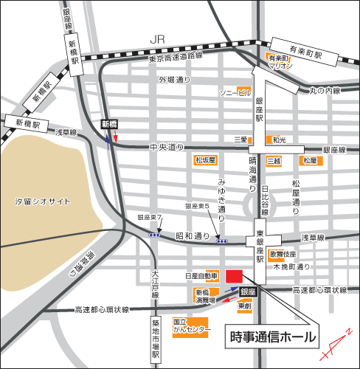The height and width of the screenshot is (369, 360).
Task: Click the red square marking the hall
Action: point(234,275)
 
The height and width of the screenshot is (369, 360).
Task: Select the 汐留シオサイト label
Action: point(44,201)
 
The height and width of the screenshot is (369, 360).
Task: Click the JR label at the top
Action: point(156,38)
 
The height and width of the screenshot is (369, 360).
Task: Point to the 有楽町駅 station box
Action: point(307,55)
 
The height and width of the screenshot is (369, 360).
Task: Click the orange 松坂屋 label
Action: point(204,159)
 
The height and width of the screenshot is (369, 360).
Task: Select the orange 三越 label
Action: point(241,139)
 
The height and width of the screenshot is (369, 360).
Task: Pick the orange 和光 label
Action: point(278,139)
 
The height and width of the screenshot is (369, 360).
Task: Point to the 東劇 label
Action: point(244,306)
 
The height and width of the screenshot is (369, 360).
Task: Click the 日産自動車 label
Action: point(201,276)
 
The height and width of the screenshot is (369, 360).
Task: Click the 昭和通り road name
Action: point(188,237)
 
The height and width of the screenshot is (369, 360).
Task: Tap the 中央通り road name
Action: point(166,147)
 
